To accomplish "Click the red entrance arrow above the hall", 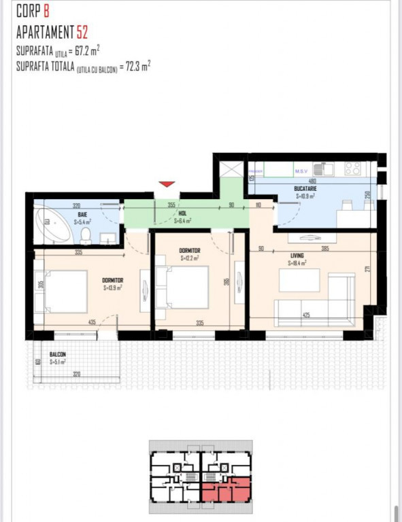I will coord(167,184).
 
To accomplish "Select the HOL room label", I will coord(182,213).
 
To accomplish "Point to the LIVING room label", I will coord(297,256).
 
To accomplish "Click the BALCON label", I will coord(58,355).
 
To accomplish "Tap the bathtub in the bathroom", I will coord(54,225).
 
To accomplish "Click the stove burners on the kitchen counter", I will coord(352,167).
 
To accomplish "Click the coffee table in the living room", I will coord(299,280).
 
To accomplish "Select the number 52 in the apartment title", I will coord(82,31).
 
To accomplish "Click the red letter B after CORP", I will coord(46,10).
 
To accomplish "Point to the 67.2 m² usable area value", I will coord(86,51).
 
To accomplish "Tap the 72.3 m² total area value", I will coord(135,66).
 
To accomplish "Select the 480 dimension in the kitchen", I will coord(313,181).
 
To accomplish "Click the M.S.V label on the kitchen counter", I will coord(301,171).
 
